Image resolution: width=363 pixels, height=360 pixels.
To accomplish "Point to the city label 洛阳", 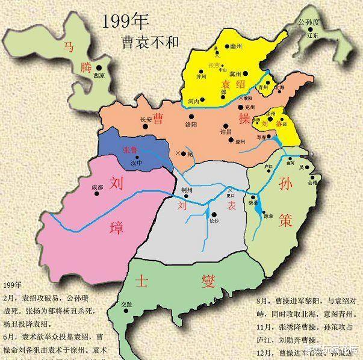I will point(191,124).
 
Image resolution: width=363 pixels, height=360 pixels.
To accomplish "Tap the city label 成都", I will point(97,187).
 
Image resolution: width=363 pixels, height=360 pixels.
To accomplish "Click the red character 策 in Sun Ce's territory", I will point(285,220).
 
